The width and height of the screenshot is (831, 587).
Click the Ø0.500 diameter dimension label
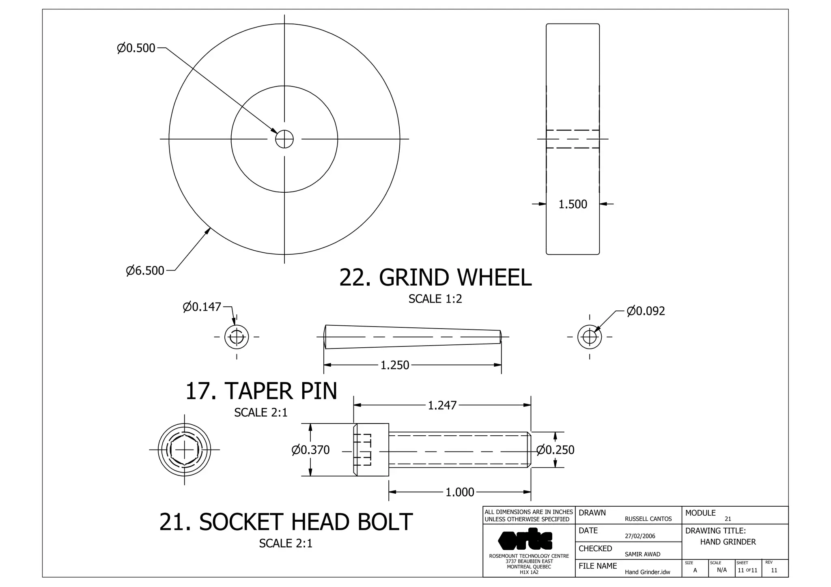(136, 48)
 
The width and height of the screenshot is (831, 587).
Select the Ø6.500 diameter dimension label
(145, 271)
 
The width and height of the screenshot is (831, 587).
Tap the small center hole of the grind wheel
(284, 139)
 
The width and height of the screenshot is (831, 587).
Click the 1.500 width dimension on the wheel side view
(573, 204)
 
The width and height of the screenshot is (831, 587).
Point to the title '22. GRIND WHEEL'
(435, 278)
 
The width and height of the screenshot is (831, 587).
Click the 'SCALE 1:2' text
(435, 299)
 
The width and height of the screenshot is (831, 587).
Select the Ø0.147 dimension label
(202, 307)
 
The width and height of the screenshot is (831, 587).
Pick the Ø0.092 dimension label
(646, 311)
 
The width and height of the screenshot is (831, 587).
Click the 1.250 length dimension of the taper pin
(394, 365)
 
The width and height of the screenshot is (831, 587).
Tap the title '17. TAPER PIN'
(261, 391)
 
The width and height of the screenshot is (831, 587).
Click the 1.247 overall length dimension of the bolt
(442, 405)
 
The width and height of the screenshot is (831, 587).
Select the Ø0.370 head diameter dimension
(311, 450)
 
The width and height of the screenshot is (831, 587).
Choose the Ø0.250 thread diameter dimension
(555, 450)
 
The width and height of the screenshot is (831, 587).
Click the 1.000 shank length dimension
(459, 492)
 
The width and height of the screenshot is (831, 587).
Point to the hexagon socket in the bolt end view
(184, 450)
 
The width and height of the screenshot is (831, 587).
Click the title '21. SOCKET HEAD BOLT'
(286, 522)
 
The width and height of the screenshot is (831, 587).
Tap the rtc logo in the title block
(525, 539)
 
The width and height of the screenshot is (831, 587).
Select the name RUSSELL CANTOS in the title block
(648, 519)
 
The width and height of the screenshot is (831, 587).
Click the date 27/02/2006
(640, 536)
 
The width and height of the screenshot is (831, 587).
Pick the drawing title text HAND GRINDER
(728, 542)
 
